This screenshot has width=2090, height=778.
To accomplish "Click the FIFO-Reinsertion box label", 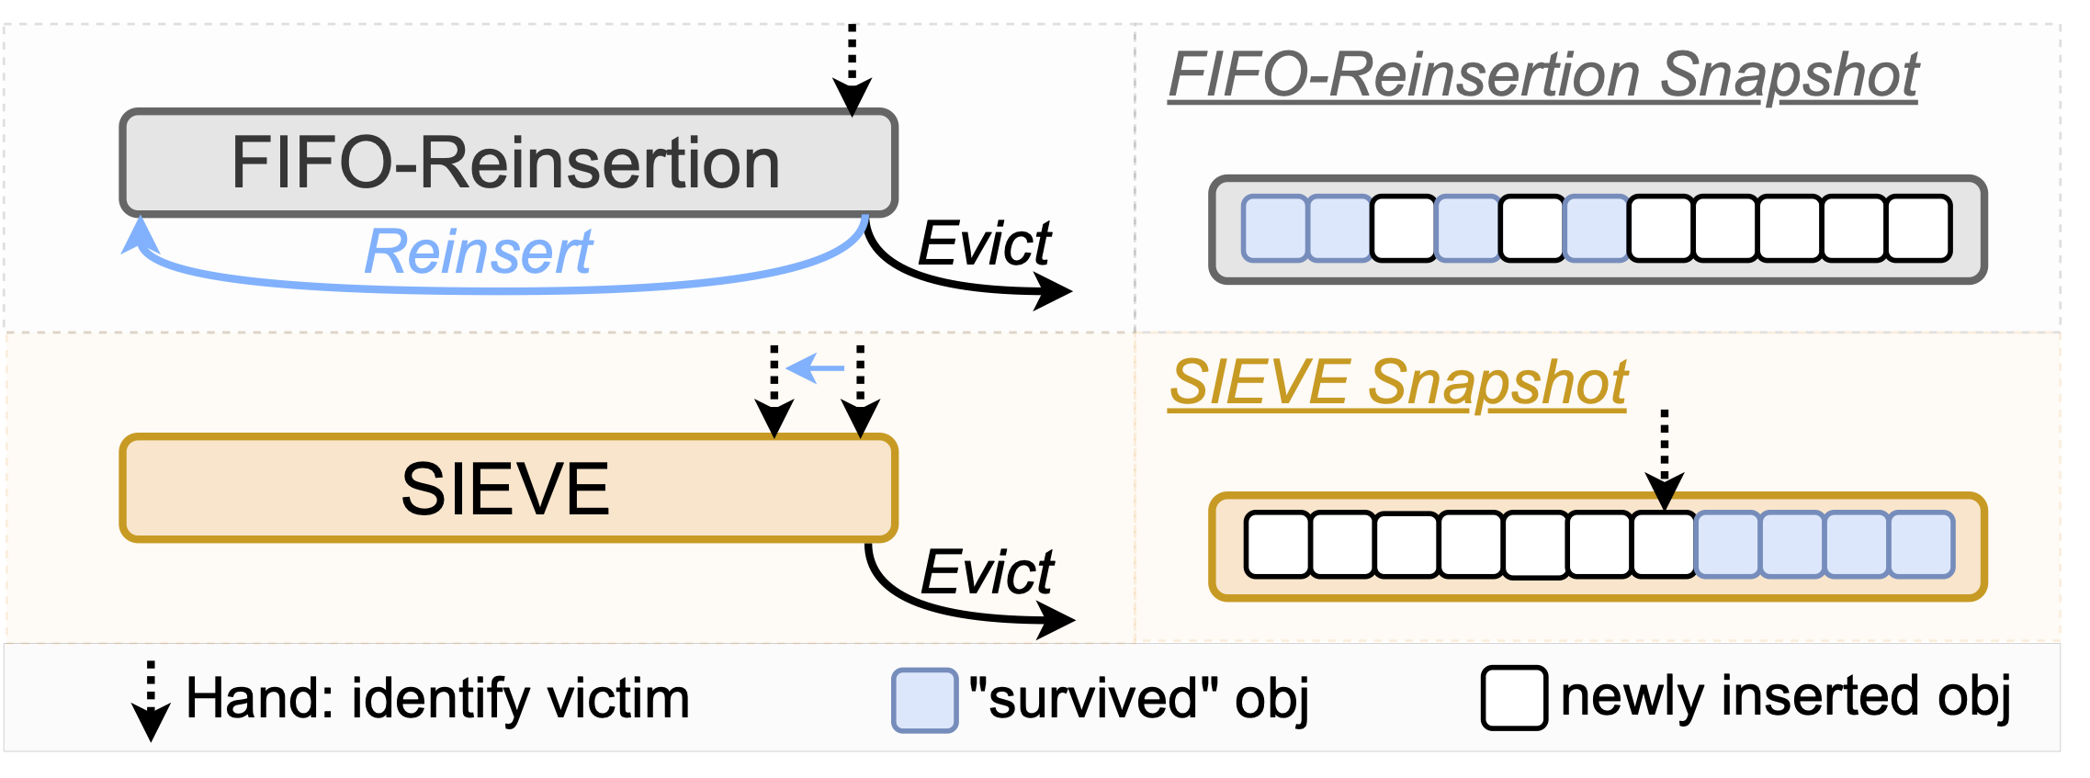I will [x=506, y=163].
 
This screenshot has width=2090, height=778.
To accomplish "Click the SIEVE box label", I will [x=505, y=489].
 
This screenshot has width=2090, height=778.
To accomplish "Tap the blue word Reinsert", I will [x=478, y=252].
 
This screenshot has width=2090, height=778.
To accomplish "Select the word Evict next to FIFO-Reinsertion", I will [x=984, y=244].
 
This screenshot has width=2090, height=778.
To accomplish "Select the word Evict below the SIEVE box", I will [x=987, y=573].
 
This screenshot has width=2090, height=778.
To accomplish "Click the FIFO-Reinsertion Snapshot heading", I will [x=1542, y=74].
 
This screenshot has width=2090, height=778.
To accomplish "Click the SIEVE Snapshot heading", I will [x=1397, y=382].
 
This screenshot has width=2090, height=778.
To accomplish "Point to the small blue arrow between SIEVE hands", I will [x=816, y=368].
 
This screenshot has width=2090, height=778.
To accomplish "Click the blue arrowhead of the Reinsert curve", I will [x=140, y=236].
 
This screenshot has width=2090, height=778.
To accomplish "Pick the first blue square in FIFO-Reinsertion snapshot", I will [x=1274, y=228].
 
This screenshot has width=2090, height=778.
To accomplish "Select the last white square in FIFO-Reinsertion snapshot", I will [x=1918, y=228].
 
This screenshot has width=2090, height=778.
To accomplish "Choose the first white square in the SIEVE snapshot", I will [x=1277, y=545].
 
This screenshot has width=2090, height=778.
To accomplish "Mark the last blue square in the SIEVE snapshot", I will [x=1921, y=545].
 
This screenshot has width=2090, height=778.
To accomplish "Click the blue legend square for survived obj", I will [x=924, y=701].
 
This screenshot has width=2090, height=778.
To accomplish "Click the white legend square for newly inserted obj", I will [x=1514, y=698].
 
